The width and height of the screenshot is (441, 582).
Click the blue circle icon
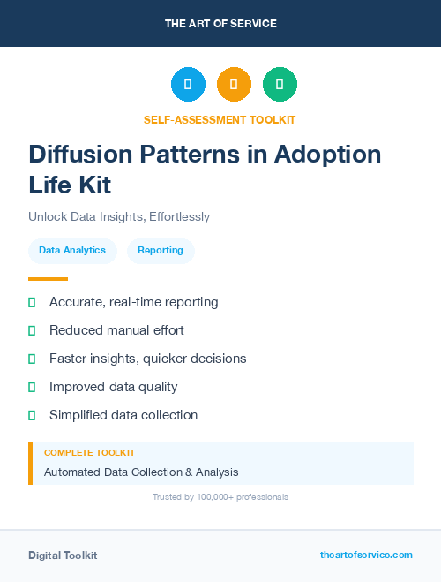(x=188, y=84)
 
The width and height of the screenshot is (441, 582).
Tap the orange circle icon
(x=234, y=84)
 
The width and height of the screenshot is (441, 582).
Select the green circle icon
(x=280, y=84)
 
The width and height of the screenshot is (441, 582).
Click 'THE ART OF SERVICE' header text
(x=220, y=24)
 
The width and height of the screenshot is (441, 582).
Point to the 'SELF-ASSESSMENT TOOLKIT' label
(x=220, y=119)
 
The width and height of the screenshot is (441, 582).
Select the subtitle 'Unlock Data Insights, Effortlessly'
(x=119, y=216)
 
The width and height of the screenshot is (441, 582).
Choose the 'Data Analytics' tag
(x=72, y=251)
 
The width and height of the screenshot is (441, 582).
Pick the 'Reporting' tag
(x=161, y=251)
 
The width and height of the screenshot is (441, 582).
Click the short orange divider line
(x=48, y=278)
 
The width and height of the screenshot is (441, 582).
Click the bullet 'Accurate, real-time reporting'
(x=133, y=302)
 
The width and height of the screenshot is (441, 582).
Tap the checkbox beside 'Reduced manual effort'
(x=32, y=330)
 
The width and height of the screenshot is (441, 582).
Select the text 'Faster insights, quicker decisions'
(x=147, y=359)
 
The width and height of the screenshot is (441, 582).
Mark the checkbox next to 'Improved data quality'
(x=32, y=387)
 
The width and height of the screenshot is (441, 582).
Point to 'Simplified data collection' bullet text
(x=123, y=415)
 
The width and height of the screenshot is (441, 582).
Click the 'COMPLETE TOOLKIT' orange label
(x=89, y=452)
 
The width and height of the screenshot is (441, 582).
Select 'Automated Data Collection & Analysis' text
(x=141, y=472)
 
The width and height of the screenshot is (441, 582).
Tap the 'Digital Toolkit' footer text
(x=63, y=556)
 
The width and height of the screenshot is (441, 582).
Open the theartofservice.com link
(x=366, y=555)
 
